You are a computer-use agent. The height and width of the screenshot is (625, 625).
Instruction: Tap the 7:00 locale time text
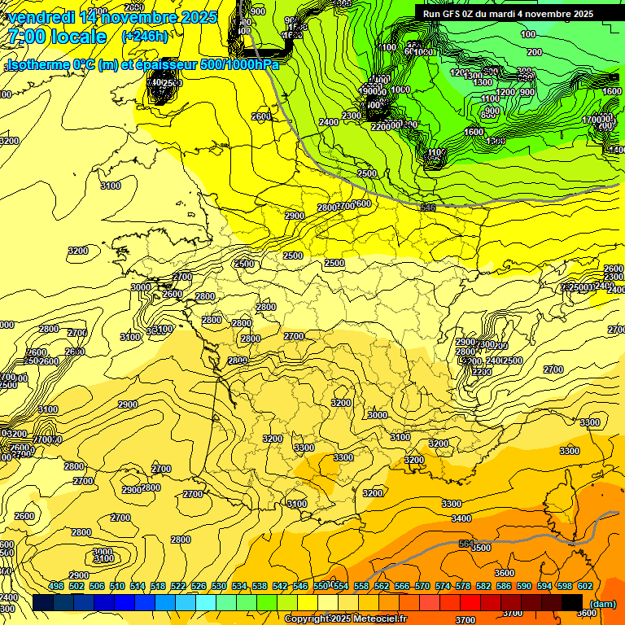(x=56, y=37)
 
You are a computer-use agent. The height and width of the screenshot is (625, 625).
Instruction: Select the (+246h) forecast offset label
(x=145, y=37)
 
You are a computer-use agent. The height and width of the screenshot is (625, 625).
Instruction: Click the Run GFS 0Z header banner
(x=508, y=14)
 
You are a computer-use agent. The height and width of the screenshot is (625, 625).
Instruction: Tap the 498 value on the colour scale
(x=56, y=586)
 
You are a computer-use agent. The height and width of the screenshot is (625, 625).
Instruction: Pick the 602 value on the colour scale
(x=585, y=586)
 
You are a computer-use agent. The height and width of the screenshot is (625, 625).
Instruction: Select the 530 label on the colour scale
(x=219, y=586)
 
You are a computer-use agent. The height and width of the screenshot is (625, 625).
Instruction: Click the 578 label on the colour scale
(x=463, y=586)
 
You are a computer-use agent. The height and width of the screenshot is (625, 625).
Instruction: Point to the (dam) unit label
(x=602, y=603)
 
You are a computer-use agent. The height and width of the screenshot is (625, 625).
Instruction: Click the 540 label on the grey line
(x=428, y=208)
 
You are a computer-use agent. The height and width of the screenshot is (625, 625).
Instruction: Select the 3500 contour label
(x=481, y=548)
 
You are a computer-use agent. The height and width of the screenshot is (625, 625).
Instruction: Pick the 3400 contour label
(x=461, y=518)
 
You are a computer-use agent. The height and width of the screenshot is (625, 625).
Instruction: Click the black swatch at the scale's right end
(x=572, y=602)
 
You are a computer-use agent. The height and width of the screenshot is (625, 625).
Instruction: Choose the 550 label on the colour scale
(x=321, y=586)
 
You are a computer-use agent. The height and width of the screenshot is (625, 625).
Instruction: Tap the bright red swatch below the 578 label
(x=470, y=602)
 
